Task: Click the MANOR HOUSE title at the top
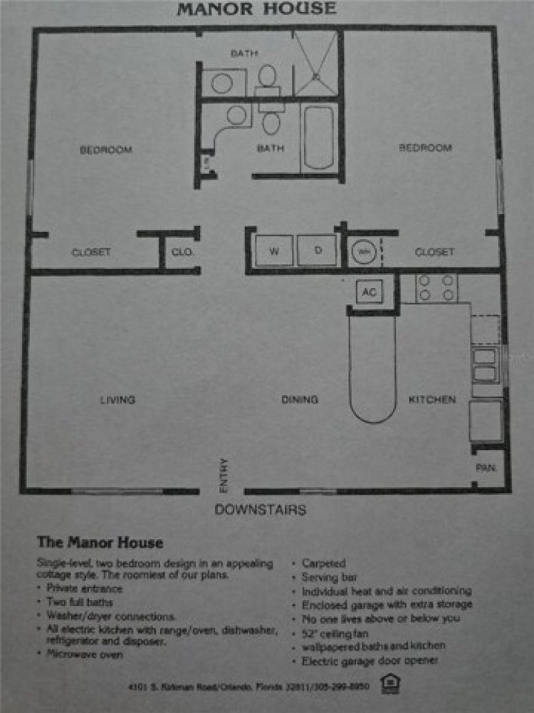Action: pyautogui.click(x=256, y=9)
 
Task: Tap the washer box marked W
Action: pyautogui.click(x=274, y=251)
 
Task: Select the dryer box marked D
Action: pyautogui.click(x=318, y=251)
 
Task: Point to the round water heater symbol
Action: pyautogui.click(x=362, y=252)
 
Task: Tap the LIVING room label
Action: pyautogui.click(x=117, y=400)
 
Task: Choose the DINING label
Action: pyautogui.click(x=299, y=400)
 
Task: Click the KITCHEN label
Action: pyautogui.click(x=431, y=400)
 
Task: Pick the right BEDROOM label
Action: pyautogui.click(x=425, y=148)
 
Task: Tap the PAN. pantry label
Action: pyautogui.click(x=486, y=468)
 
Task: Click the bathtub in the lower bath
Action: pyautogui.click(x=318, y=138)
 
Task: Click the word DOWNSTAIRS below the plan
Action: pyautogui.click(x=261, y=510)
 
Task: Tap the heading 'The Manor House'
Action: pyautogui.click(x=100, y=543)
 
